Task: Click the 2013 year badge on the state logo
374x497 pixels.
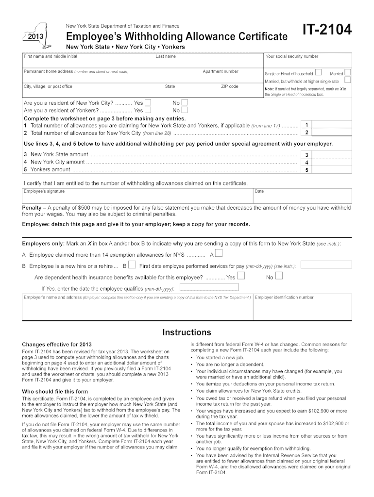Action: pos(37,38)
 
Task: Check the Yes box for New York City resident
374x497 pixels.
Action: pos(148,103)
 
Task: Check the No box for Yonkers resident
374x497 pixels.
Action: pos(184,110)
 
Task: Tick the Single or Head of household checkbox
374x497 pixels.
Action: pos(318,73)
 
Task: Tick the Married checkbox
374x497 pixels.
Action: pos(347,73)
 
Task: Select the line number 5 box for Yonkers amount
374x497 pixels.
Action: pos(306,170)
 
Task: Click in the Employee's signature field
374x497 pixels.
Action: pos(136,197)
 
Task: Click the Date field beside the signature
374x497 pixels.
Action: pos(301,197)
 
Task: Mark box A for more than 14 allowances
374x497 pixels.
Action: pos(219,253)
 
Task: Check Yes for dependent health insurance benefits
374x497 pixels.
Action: pos(240,276)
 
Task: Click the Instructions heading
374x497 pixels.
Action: pos(187,332)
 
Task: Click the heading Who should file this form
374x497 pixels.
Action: pos(55,391)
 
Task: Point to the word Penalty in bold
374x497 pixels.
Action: pos(32,208)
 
